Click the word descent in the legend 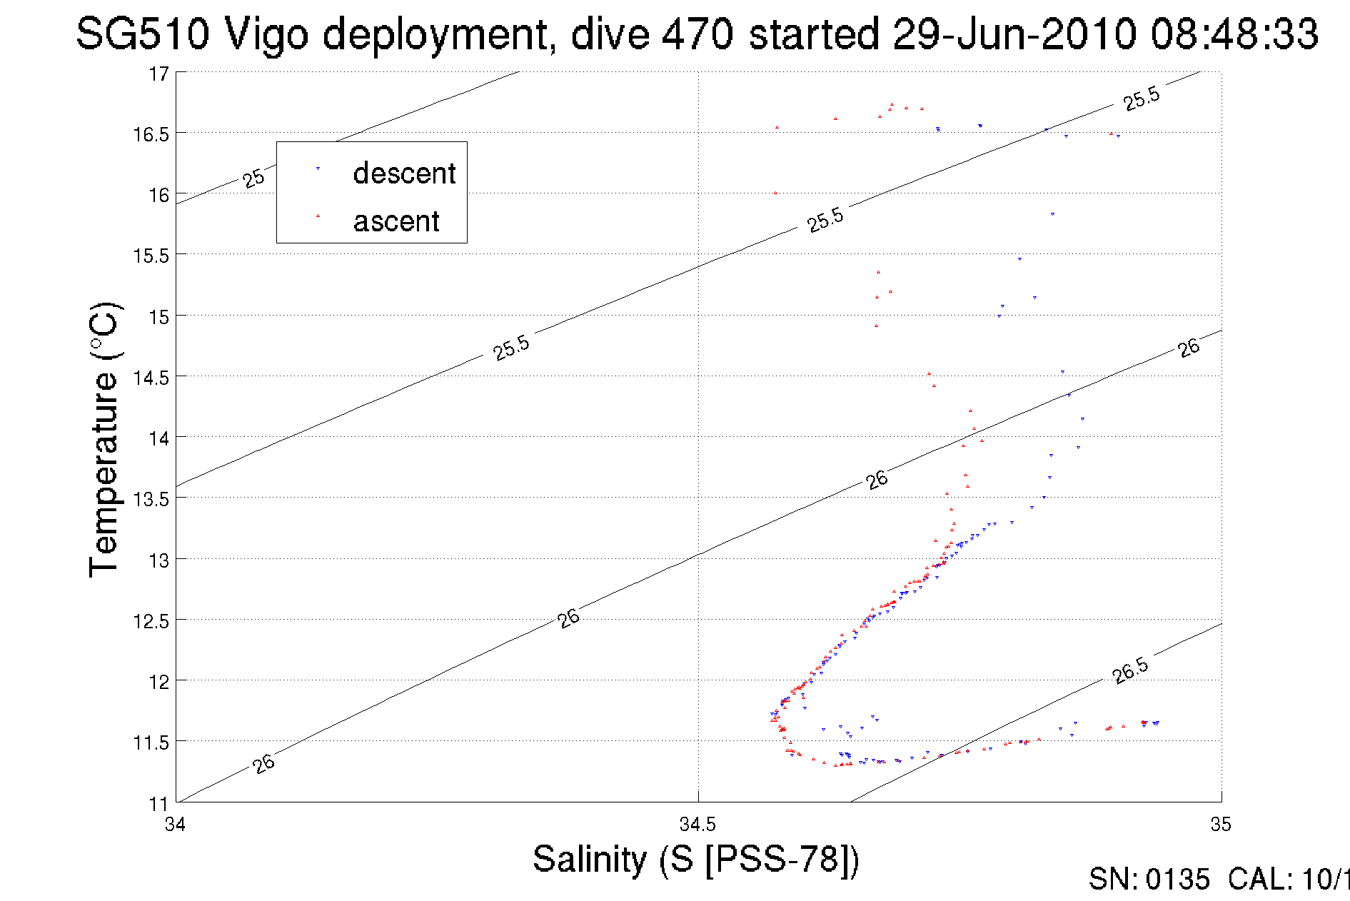tap(404, 173)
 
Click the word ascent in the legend tap(396, 221)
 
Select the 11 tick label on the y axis tap(158, 804)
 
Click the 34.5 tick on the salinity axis tap(697, 825)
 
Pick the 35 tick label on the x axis tap(1221, 825)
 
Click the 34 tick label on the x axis tap(175, 825)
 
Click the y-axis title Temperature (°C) tap(105, 440)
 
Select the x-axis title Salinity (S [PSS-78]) tap(695, 859)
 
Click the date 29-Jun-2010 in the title tap(1014, 34)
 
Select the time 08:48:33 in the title tap(1234, 34)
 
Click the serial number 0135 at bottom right tap(1177, 880)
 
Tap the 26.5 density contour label tap(1130, 670)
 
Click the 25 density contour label tap(253, 178)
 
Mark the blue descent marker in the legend tap(318, 169)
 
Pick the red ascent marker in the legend tap(318, 216)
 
